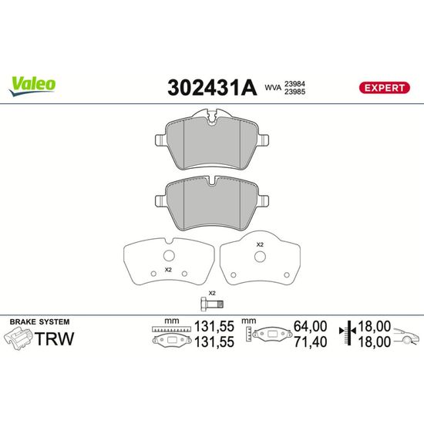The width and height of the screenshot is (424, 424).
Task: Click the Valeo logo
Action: [32, 86]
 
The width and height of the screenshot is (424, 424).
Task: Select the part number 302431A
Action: [212, 88]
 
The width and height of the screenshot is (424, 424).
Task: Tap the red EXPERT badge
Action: [384, 88]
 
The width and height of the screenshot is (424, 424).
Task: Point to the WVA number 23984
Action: [294, 84]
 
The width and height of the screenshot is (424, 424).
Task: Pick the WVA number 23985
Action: [294, 92]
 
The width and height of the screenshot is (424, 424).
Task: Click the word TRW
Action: [54, 338]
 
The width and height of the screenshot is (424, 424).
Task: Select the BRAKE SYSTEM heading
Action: [39, 321]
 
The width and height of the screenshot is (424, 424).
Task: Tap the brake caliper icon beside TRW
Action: [19, 338]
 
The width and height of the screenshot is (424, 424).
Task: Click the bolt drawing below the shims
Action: [212, 304]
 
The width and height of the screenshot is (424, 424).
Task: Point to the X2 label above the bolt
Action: [212, 293]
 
